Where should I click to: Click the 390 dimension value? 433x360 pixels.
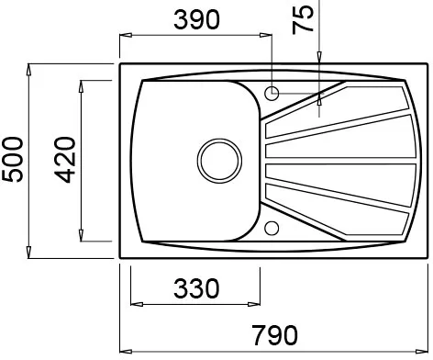tap(196, 20)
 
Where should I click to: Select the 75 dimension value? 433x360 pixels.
tap(303, 20)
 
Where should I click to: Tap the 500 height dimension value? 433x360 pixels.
tap(13, 160)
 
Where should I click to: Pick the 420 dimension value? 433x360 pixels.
tap(64, 160)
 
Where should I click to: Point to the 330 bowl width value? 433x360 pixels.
tap(196, 288)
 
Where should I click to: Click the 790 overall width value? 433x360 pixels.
tap(274, 335)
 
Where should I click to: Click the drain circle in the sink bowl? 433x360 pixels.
tap(219, 161)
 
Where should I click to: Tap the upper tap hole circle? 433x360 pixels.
tap(272, 94)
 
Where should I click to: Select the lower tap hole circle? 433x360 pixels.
tap(272, 229)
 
